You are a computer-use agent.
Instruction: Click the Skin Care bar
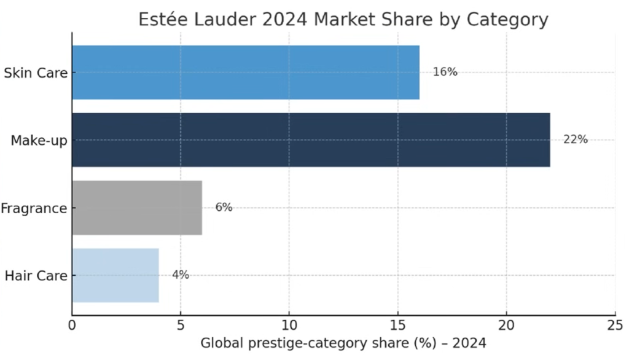[246, 72]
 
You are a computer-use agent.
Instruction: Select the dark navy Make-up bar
[311, 140]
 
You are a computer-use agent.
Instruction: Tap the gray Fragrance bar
[137, 208]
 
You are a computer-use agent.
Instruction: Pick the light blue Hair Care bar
[115, 275]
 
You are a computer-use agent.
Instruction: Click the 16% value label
[445, 72]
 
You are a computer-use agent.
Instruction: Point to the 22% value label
[575, 139]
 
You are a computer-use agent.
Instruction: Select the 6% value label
[224, 208]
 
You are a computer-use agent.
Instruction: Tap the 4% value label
[181, 275]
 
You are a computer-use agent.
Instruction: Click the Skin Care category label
[35, 73]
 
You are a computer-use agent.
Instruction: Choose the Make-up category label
[39, 141]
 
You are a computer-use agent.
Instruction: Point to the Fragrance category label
[33, 208]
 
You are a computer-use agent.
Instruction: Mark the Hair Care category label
[36, 276]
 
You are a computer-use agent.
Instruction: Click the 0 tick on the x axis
[72, 324]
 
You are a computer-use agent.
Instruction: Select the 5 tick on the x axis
[181, 324]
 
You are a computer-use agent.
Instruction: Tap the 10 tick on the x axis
[289, 324]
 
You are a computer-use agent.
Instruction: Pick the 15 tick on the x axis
[397, 324]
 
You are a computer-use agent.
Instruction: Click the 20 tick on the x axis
[506, 324]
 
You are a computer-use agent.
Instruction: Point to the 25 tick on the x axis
[614, 324]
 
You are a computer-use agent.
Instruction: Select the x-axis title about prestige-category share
[343, 343]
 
